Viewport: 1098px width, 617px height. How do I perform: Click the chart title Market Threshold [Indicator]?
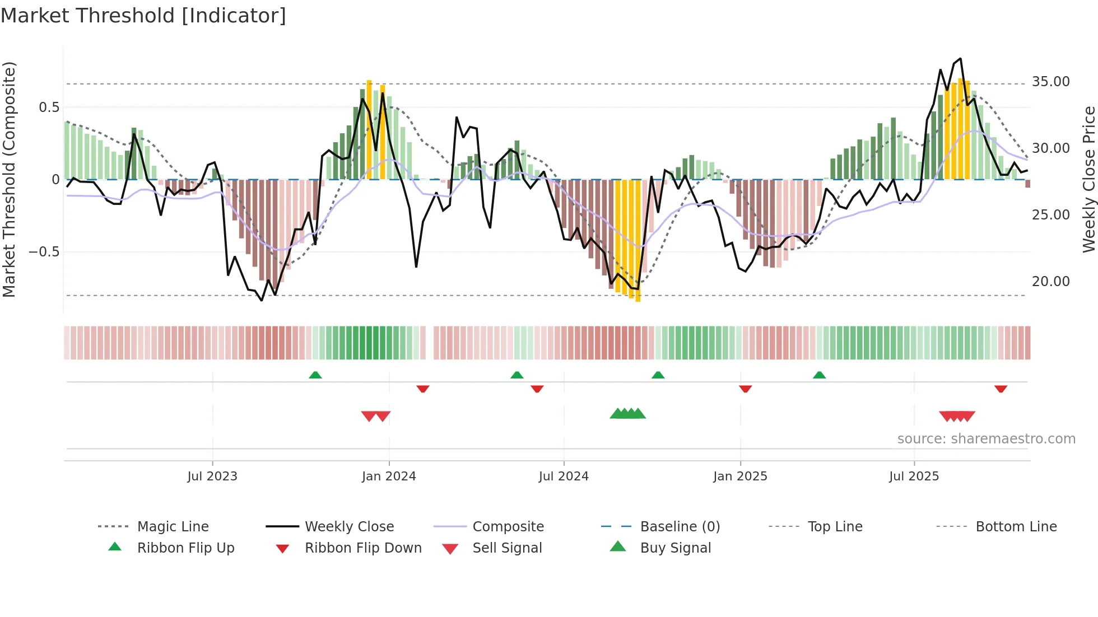(x=143, y=16)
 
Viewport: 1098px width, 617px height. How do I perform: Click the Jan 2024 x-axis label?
(x=389, y=476)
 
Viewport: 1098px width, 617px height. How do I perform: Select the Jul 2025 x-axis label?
(x=914, y=476)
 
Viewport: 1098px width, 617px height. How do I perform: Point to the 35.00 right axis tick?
(x=1050, y=82)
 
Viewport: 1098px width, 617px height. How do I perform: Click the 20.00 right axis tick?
(x=1050, y=282)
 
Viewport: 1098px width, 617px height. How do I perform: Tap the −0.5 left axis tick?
(x=44, y=252)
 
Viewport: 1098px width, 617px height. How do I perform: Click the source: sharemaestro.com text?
(x=986, y=439)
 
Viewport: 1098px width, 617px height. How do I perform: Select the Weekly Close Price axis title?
(x=1088, y=179)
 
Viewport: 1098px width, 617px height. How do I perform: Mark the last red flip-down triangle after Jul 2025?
(x=1001, y=389)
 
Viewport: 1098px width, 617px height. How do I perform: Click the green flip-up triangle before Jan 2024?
(x=315, y=375)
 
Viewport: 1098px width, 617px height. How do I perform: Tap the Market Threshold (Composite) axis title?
(x=9, y=179)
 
